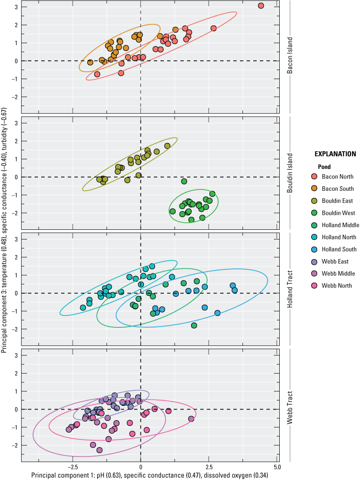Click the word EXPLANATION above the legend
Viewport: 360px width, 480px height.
(335, 154)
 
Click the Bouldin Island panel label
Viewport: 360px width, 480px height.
(290, 174)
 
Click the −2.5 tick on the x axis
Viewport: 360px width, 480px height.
(72, 468)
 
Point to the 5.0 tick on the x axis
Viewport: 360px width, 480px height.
(277, 468)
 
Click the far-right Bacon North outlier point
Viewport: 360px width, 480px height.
(261, 6)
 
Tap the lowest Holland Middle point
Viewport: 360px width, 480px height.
(194, 326)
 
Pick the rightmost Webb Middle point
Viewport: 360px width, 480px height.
(191, 419)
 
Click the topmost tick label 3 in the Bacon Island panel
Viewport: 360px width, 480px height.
(16, 7)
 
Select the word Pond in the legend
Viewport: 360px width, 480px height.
(325, 167)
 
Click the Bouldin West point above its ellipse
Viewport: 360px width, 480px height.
(184, 181)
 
